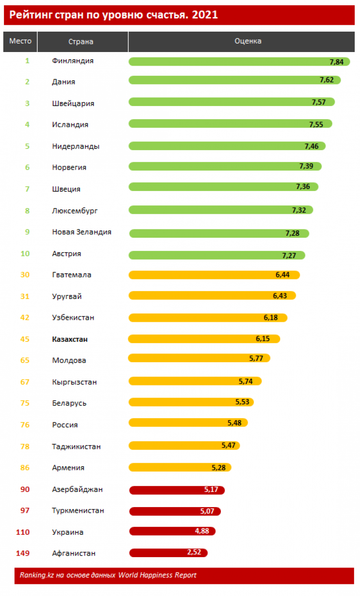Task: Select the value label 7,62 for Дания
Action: coord(326,80)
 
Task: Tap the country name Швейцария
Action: coord(73,104)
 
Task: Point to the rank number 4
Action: coord(27,124)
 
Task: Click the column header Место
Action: coord(20,41)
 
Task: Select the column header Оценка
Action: coord(248,41)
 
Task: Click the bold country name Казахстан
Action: coord(70,339)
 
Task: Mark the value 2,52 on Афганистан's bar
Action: coord(194,552)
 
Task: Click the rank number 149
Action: coord(23,553)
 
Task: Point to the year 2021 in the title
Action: coord(205,15)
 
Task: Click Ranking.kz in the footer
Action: coord(36,575)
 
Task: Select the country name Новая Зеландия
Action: coord(82,232)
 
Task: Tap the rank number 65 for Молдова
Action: coord(25,361)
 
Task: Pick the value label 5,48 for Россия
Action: coord(234,422)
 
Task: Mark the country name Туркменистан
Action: coord(78,510)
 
